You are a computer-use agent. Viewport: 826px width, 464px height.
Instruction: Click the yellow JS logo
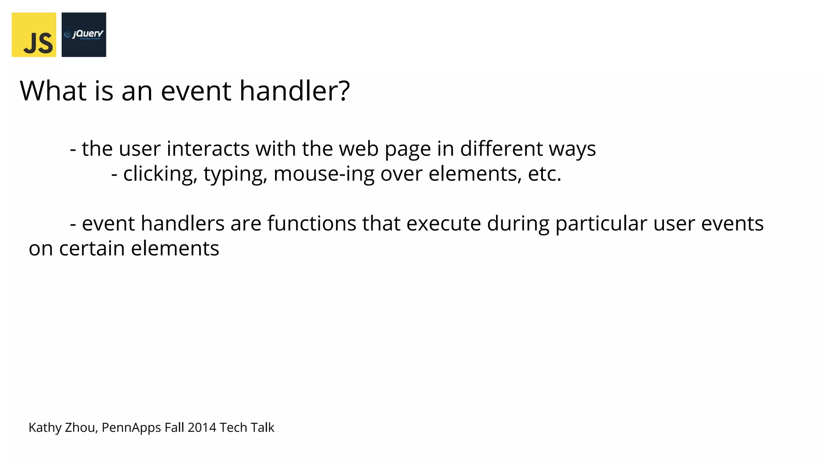tap(34, 35)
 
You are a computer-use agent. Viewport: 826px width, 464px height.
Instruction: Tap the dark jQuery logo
tap(84, 35)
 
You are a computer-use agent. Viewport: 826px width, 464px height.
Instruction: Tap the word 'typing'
tap(235, 174)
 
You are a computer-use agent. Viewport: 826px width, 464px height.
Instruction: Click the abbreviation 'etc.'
tap(544, 174)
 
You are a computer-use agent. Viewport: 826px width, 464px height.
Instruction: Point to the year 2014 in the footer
tap(202, 428)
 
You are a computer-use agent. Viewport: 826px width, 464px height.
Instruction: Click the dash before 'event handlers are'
tap(73, 224)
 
